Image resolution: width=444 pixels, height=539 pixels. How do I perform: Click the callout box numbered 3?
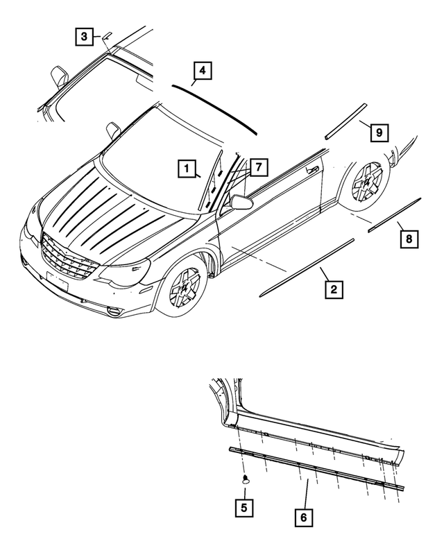83,36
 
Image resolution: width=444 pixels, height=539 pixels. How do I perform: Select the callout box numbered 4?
201,71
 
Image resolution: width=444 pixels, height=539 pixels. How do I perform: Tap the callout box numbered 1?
185,167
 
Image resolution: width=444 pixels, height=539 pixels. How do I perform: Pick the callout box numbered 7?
257,167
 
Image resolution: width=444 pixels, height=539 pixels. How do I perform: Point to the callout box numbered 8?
409,239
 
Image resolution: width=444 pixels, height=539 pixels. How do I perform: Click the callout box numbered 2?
333,290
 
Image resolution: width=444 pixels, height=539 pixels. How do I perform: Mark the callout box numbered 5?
243,507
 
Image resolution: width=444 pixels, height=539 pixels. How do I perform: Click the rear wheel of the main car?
366,183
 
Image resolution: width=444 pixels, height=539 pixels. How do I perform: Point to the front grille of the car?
67,257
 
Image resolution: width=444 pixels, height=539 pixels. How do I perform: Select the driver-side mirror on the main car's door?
241,202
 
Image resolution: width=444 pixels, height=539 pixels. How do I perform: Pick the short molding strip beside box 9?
344,122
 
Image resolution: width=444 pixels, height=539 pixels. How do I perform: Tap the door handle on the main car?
314,169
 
